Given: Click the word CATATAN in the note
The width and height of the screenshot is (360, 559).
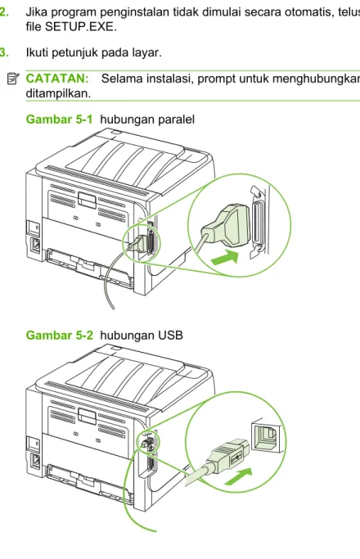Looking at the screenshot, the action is point(57,79).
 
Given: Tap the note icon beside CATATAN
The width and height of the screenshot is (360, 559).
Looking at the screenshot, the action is point(13,79).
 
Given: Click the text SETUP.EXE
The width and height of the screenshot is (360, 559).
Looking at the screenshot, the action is point(80,27).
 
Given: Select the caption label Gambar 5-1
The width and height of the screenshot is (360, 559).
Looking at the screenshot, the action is point(59,119).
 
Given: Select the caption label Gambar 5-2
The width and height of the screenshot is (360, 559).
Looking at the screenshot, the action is point(59,335).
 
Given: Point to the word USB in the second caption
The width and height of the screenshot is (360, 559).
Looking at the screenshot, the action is point(171,335).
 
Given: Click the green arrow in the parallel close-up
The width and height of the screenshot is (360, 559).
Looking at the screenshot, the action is point(225,258).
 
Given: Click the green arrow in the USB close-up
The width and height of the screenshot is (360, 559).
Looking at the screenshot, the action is point(238,476).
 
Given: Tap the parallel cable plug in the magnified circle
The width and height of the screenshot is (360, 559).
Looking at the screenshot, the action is point(227,227).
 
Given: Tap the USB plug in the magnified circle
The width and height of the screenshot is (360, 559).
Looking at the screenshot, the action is point(228,457).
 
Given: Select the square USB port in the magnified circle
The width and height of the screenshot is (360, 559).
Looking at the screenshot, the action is point(267,437).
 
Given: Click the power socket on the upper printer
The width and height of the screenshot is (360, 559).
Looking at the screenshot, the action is point(36,245).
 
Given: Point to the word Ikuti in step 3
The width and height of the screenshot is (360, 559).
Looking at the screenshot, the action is point(38,52).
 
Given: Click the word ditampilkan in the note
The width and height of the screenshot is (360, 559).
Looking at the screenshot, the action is point(58,94).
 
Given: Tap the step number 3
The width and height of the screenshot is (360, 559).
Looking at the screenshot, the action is point(4,52).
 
